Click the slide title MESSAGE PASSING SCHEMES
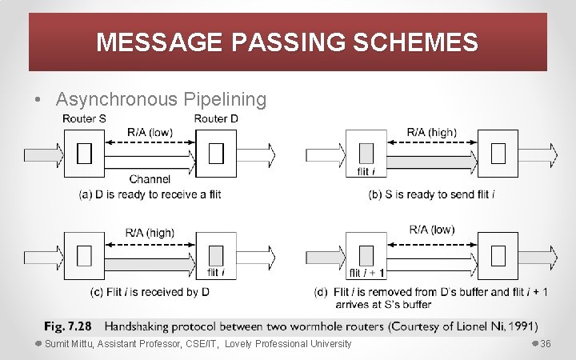[x=287, y=42]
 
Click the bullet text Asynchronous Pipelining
[x=161, y=99]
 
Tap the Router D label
[x=216, y=119]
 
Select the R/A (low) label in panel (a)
[x=150, y=132]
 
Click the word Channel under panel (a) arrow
[x=150, y=178]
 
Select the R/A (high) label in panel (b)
[x=431, y=132]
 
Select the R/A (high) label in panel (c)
[x=150, y=233]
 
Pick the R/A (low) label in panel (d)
[x=431, y=230]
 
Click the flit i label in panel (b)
[x=365, y=171]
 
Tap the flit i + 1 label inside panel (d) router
[x=366, y=274]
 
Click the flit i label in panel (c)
[x=216, y=274]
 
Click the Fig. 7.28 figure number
[x=67, y=326]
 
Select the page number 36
[x=546, y=344]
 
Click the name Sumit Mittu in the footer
[x=69, y=344]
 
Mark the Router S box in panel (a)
[x=84, y=153]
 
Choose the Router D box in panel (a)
[x=216, y=153]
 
